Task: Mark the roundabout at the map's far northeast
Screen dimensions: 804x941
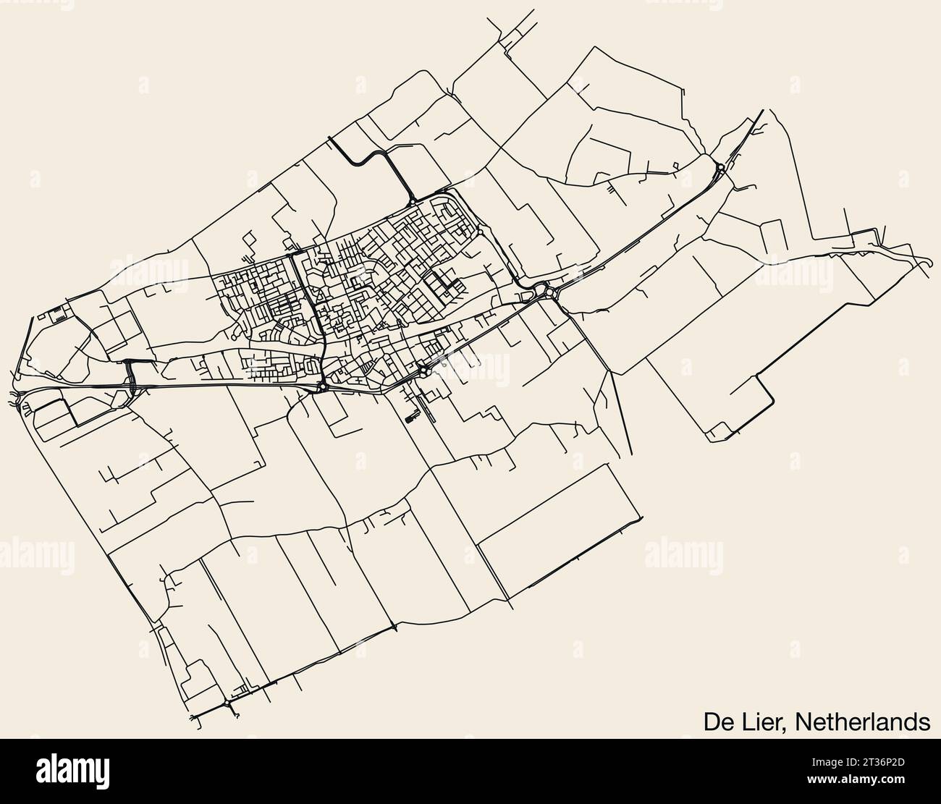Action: (x=721, y=168)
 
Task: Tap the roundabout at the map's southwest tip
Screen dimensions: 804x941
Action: (x=227, y=703)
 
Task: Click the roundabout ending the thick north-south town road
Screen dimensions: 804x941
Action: (x=322, y=387)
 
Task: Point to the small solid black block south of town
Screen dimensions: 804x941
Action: (x=411, y=417)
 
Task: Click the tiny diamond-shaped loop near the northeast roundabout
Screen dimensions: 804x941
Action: (x=675, y=166)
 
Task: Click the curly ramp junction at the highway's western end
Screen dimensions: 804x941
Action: (x=16, y=396)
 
